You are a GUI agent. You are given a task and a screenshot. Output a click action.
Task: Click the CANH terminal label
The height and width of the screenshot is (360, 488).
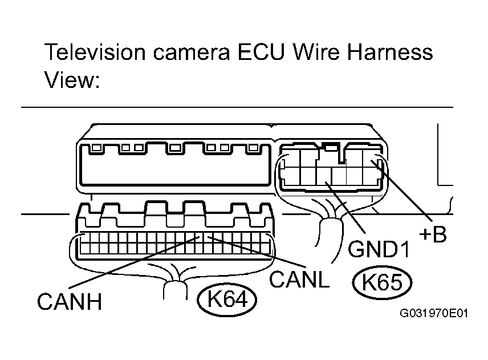click(70, 301)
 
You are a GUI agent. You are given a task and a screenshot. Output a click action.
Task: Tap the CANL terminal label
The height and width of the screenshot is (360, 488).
click(299, 280)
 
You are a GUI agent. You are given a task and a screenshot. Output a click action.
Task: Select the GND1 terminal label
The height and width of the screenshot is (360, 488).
click(379, 249)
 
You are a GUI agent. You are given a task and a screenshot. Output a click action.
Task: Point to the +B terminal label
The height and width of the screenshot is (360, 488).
click(433, 234)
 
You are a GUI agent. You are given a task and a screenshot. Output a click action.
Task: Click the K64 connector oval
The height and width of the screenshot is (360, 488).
click(227, 300)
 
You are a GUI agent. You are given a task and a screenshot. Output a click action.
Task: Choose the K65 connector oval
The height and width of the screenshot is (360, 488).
click(382, 282)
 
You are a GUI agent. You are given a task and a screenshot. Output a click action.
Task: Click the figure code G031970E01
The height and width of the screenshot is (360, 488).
click(434, 313)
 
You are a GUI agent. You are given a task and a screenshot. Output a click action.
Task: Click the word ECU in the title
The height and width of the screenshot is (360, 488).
click(261, 52)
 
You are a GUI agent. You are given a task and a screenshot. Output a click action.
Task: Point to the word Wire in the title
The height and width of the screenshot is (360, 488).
click(316, 52)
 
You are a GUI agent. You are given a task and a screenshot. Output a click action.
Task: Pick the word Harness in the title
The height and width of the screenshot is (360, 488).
click(390, 52)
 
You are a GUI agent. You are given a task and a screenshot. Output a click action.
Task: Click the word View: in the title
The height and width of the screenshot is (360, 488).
click(72, 80)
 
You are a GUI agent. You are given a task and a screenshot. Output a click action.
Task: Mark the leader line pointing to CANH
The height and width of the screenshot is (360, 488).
click(134, 262)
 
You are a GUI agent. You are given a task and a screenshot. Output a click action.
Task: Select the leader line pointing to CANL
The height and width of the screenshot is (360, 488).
click(257, 252)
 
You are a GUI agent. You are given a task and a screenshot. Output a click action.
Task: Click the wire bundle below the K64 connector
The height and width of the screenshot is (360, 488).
click(175, 290)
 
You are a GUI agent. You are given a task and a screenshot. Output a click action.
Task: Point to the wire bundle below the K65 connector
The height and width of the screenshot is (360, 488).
click(331, 237)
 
